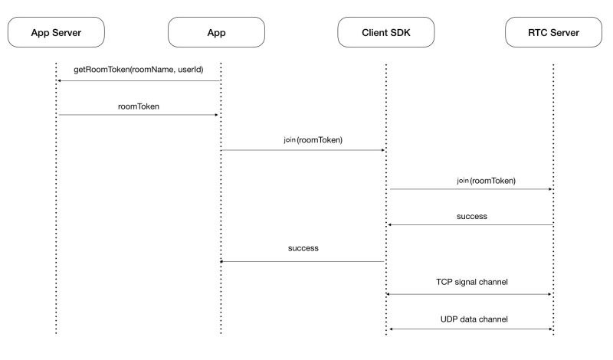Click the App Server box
tap(56, 32)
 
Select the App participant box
tap(216, 32)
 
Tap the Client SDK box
tap(385, 32)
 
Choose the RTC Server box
tap(554, 32)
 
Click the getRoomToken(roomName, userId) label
tap(139, 70)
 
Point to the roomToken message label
tap(139, 106)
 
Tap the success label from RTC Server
tap(471, 216)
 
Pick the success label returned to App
tap(303, 248)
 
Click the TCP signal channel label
tap(470, 283)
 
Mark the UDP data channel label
tap(470, 318)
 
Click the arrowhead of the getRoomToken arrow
tap(60, 80)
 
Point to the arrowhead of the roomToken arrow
tap(217, 115)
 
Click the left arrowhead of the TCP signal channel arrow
tap(390, 294)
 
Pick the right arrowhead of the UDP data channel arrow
tap(550, 329)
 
